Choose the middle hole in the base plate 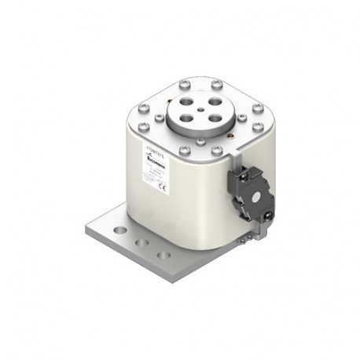pyautogui.click(x=141, y=244)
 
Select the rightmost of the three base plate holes pyautogui.click(x=163, y=255)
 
